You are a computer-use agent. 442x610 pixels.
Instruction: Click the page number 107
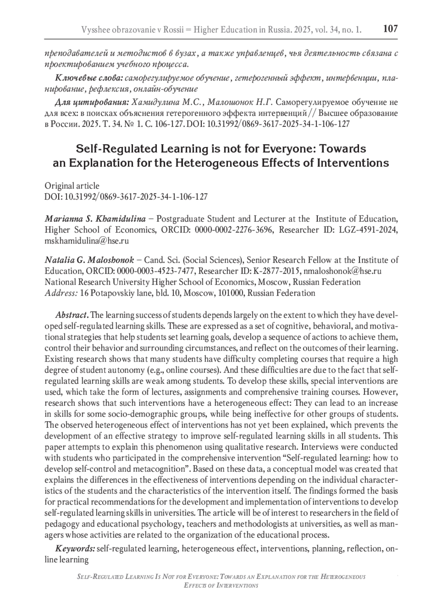390,28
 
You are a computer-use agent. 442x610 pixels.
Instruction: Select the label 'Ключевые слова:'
90,78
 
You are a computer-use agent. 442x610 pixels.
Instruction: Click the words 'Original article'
72,186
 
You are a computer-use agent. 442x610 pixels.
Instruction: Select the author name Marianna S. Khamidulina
95,219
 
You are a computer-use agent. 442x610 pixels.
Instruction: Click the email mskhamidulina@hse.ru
87,241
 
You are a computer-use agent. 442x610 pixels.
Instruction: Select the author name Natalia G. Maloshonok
90,260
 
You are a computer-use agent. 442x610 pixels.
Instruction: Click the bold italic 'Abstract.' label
72,315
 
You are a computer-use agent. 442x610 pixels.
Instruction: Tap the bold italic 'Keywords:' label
75,549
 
